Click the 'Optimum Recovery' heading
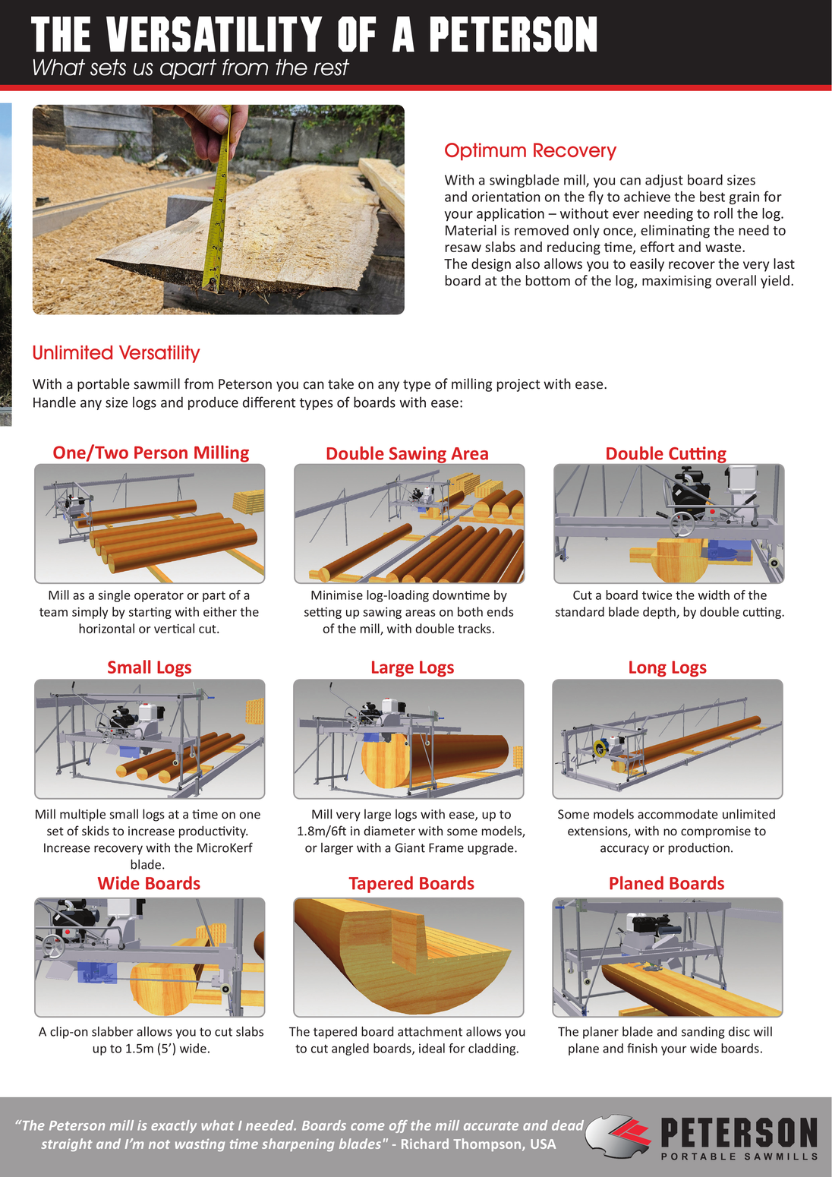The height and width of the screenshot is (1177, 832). pos(530,151)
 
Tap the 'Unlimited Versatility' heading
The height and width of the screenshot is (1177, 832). pos(116,353)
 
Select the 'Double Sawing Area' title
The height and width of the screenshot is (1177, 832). pos(407,453)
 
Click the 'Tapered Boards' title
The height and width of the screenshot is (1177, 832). pos(411,883)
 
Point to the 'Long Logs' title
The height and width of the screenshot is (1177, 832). pos(667,667)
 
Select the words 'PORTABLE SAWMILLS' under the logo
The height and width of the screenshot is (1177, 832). pos(739,1156)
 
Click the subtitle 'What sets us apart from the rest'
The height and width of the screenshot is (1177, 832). pos(190,68)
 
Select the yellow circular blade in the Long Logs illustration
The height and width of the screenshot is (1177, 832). pos(598,746)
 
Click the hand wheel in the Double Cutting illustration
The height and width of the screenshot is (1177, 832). pos(681,523)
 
